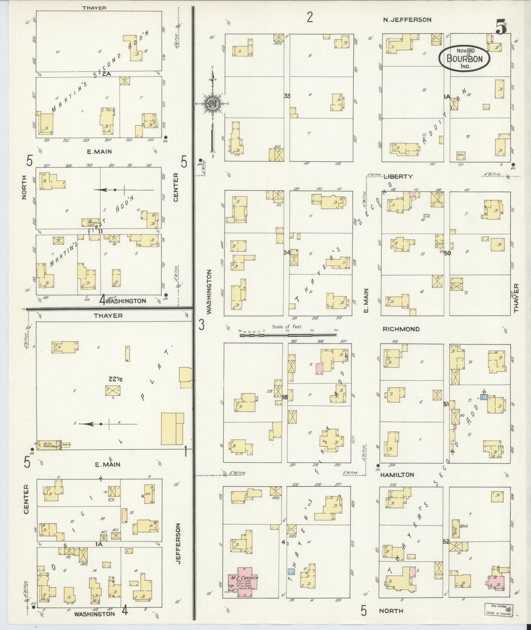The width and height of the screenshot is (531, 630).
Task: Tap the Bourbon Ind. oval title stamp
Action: click(x=464, y=58)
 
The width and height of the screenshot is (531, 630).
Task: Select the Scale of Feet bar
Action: click(x=288, y=335)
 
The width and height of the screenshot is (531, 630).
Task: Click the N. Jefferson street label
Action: click(x=407, y=20)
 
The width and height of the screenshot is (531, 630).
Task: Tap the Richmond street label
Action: click(x=401, y=329)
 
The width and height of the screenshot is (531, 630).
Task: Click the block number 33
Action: click(x=287, y=96)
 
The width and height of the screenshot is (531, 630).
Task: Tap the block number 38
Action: click(x=284, y=397)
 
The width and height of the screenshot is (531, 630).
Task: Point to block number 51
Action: click(x=446, y=404)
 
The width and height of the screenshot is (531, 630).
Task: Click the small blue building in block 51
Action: click(x=484, y=397)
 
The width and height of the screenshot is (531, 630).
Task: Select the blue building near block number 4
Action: click(x=291, y=571)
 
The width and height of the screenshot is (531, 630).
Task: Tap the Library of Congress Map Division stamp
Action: click(x=499, y=610)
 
